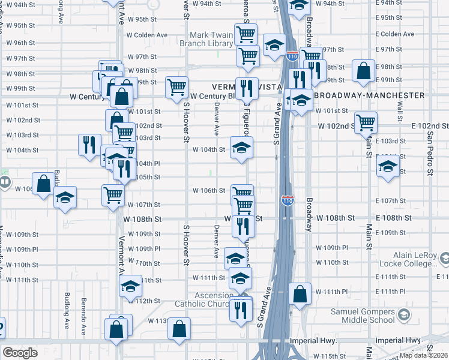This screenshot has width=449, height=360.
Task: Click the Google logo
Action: click(x=20, y=353)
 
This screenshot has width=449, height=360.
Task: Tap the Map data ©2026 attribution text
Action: click(x=424, y=355)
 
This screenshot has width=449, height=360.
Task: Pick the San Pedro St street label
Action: click(x=429, y=152)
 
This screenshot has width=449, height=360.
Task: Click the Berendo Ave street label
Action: click(x=84, y=307)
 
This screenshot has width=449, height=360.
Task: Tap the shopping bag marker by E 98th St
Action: click(x=364, y=71)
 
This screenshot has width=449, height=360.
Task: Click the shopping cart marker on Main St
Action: click(x=366, y=122)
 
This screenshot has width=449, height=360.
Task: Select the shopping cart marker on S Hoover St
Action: click(x=176, y=87)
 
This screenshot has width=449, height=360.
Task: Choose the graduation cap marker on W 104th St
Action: click(x=241, y=148)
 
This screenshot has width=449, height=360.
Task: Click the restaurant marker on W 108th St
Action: click(x=243, y=224)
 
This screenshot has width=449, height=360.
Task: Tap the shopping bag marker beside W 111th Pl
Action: click(x=300, y=294)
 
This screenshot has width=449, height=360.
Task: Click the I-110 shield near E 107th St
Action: click(x=288, y=199)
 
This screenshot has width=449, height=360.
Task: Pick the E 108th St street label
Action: click(x=394, y=218)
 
